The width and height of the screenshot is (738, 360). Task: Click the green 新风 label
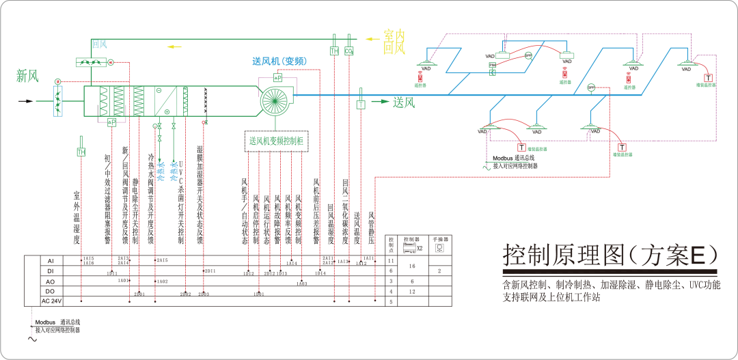(x=27, y=77)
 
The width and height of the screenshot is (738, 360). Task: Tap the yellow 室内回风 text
(x=394, y=42)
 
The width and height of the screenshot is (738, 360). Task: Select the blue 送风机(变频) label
(x=279, y=61)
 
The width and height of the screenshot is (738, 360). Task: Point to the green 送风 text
(x=404, y=102)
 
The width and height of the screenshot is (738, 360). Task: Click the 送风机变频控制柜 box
(x=276, y=141)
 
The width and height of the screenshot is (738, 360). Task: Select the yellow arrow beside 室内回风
(x=372, y=39)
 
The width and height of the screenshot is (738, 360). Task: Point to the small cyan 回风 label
(x=100, y=44)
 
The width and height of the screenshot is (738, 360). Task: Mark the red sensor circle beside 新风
(x=57, y=81)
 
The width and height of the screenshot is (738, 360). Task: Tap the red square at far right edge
(x=709, y=77)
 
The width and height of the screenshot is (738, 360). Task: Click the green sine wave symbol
(x=489, y=165)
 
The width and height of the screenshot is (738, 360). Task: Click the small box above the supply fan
(x=278, y=78)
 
